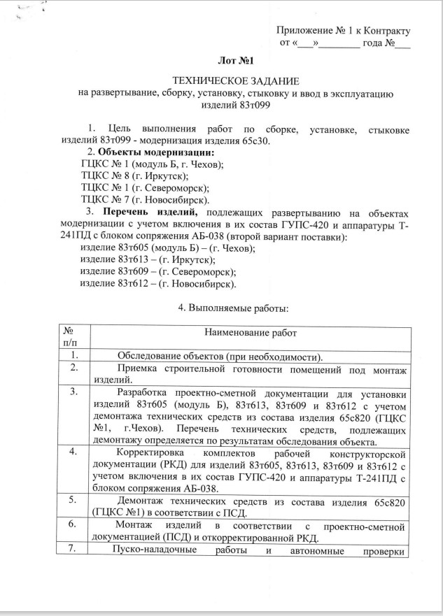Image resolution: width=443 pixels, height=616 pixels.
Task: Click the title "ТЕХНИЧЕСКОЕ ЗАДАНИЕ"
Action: click(x=236, y=81)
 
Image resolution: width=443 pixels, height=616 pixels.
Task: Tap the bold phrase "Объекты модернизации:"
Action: click(x=156, y=152)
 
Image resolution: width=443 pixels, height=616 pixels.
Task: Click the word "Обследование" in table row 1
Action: click(x=150, y=354)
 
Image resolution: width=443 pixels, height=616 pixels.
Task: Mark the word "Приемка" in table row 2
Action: click(x=136, y=367)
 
